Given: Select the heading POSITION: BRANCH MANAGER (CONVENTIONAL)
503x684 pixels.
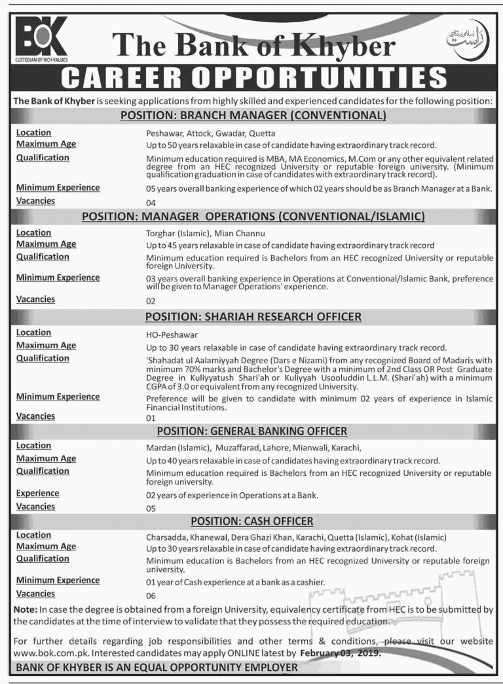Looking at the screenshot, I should point(253,117).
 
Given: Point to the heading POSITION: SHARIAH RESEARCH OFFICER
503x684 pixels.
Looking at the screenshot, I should point(253,317).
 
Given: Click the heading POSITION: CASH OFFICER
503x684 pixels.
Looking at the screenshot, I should point(252,521).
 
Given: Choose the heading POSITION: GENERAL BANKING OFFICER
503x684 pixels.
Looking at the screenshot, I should point(252,431).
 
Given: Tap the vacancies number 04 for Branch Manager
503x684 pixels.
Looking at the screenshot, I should point(151,204).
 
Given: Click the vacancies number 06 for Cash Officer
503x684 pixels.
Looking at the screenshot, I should point(151,596).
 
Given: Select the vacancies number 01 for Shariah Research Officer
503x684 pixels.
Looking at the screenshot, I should point(151,418).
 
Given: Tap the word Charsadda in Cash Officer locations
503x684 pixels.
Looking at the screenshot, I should point(166,536).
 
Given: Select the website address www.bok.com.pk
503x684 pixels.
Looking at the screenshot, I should point(42,653).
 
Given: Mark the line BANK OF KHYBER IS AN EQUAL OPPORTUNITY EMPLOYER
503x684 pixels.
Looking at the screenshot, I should point(157,668).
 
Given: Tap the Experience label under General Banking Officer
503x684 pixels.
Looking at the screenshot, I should point(37,494).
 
